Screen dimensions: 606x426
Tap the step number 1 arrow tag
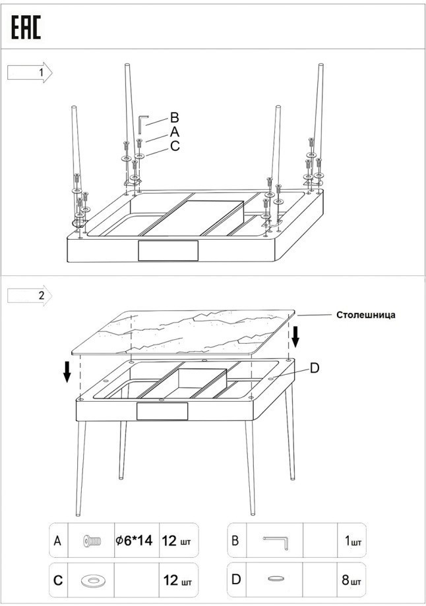[30, 72]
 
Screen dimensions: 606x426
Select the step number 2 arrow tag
[30, 295]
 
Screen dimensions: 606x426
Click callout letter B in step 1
[174, 118]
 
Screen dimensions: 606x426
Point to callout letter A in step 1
[174, 132]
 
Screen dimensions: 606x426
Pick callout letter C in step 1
[174, 146]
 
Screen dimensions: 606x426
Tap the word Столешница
[366, 315]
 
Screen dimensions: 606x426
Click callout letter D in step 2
[315, 368]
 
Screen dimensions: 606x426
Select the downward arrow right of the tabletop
[296, 336]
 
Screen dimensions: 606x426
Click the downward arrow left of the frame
[67, 372]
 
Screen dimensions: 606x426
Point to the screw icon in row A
[92, 541]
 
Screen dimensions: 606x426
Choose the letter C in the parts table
[58, 581]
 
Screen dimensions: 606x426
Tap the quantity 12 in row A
[169, 541]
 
